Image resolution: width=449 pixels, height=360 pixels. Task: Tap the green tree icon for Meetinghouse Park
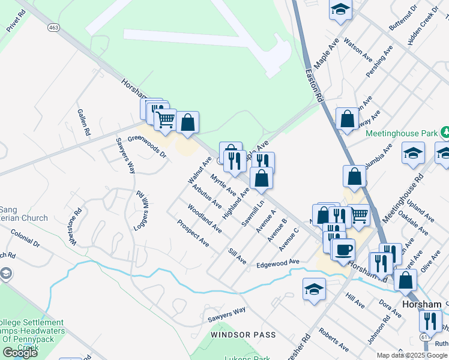(445, 131)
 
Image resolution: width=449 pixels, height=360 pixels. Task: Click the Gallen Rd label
(83, 122)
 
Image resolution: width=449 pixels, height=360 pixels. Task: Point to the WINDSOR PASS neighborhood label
(243, 334)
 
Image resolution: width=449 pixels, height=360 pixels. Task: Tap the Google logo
(20, 352)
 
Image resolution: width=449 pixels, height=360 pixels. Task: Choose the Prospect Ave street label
(193, 233)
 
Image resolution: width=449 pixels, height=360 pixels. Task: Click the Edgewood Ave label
(278, 263)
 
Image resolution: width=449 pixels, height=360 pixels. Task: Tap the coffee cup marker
(344, 249)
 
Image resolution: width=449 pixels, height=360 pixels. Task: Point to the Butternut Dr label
(402, 18)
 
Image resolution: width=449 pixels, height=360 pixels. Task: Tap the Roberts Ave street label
(334, 340)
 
